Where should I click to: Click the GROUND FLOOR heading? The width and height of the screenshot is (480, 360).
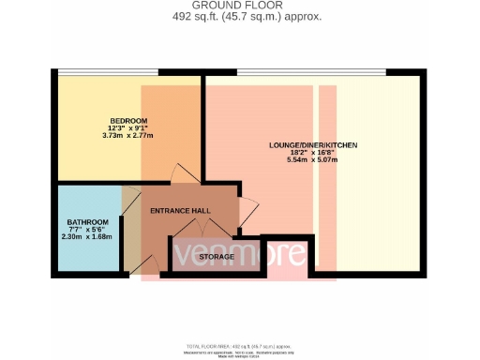click(239, 5)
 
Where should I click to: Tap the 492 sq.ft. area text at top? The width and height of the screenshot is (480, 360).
click(239, 15)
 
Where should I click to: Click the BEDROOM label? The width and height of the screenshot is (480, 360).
click(128, 122)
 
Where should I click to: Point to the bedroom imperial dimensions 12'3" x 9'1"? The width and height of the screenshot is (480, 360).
click(128, 129)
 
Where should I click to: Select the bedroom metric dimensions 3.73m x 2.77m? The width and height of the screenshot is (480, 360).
click(128, 138)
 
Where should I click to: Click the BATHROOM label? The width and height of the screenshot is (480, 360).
click(88, 222)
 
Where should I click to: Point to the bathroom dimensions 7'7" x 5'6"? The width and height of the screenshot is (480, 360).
click(88, 230)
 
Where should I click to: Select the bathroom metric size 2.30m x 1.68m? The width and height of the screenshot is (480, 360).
click(88, 237)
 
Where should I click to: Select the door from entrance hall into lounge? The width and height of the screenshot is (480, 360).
click(247, 213)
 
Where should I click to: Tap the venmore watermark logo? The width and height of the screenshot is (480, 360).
click(238, 254)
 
